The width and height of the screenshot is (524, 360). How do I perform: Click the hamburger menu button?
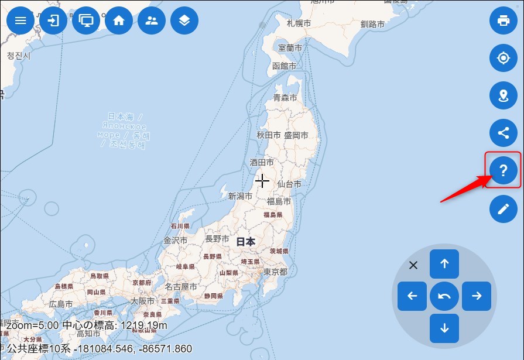[x=20, y=20]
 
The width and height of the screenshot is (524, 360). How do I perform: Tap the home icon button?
[x=119, y=20]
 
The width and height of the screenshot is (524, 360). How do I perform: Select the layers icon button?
[x=184, y=20]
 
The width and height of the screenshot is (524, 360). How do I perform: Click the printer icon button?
[x=504, y=20]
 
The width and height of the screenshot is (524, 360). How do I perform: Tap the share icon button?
[x=504, y=133]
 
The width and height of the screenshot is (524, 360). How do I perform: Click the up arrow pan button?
[x=444, y=264]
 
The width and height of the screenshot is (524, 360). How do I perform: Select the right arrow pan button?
[x=477, y=296]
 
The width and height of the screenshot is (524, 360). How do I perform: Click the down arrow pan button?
[x=444, y=328]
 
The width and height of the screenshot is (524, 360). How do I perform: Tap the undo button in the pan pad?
[x=444, y=296]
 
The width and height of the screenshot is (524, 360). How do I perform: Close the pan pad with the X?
[x=413, y=265]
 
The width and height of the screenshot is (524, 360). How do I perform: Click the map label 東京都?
[x=275, y=272]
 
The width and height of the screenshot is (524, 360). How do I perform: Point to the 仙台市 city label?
[x=289, y=184]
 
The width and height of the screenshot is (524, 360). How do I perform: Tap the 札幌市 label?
[x=299, y=23]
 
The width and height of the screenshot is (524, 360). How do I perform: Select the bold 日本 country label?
[x=246, y=241]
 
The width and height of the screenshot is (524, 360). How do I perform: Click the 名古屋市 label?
[x=181, y=287]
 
